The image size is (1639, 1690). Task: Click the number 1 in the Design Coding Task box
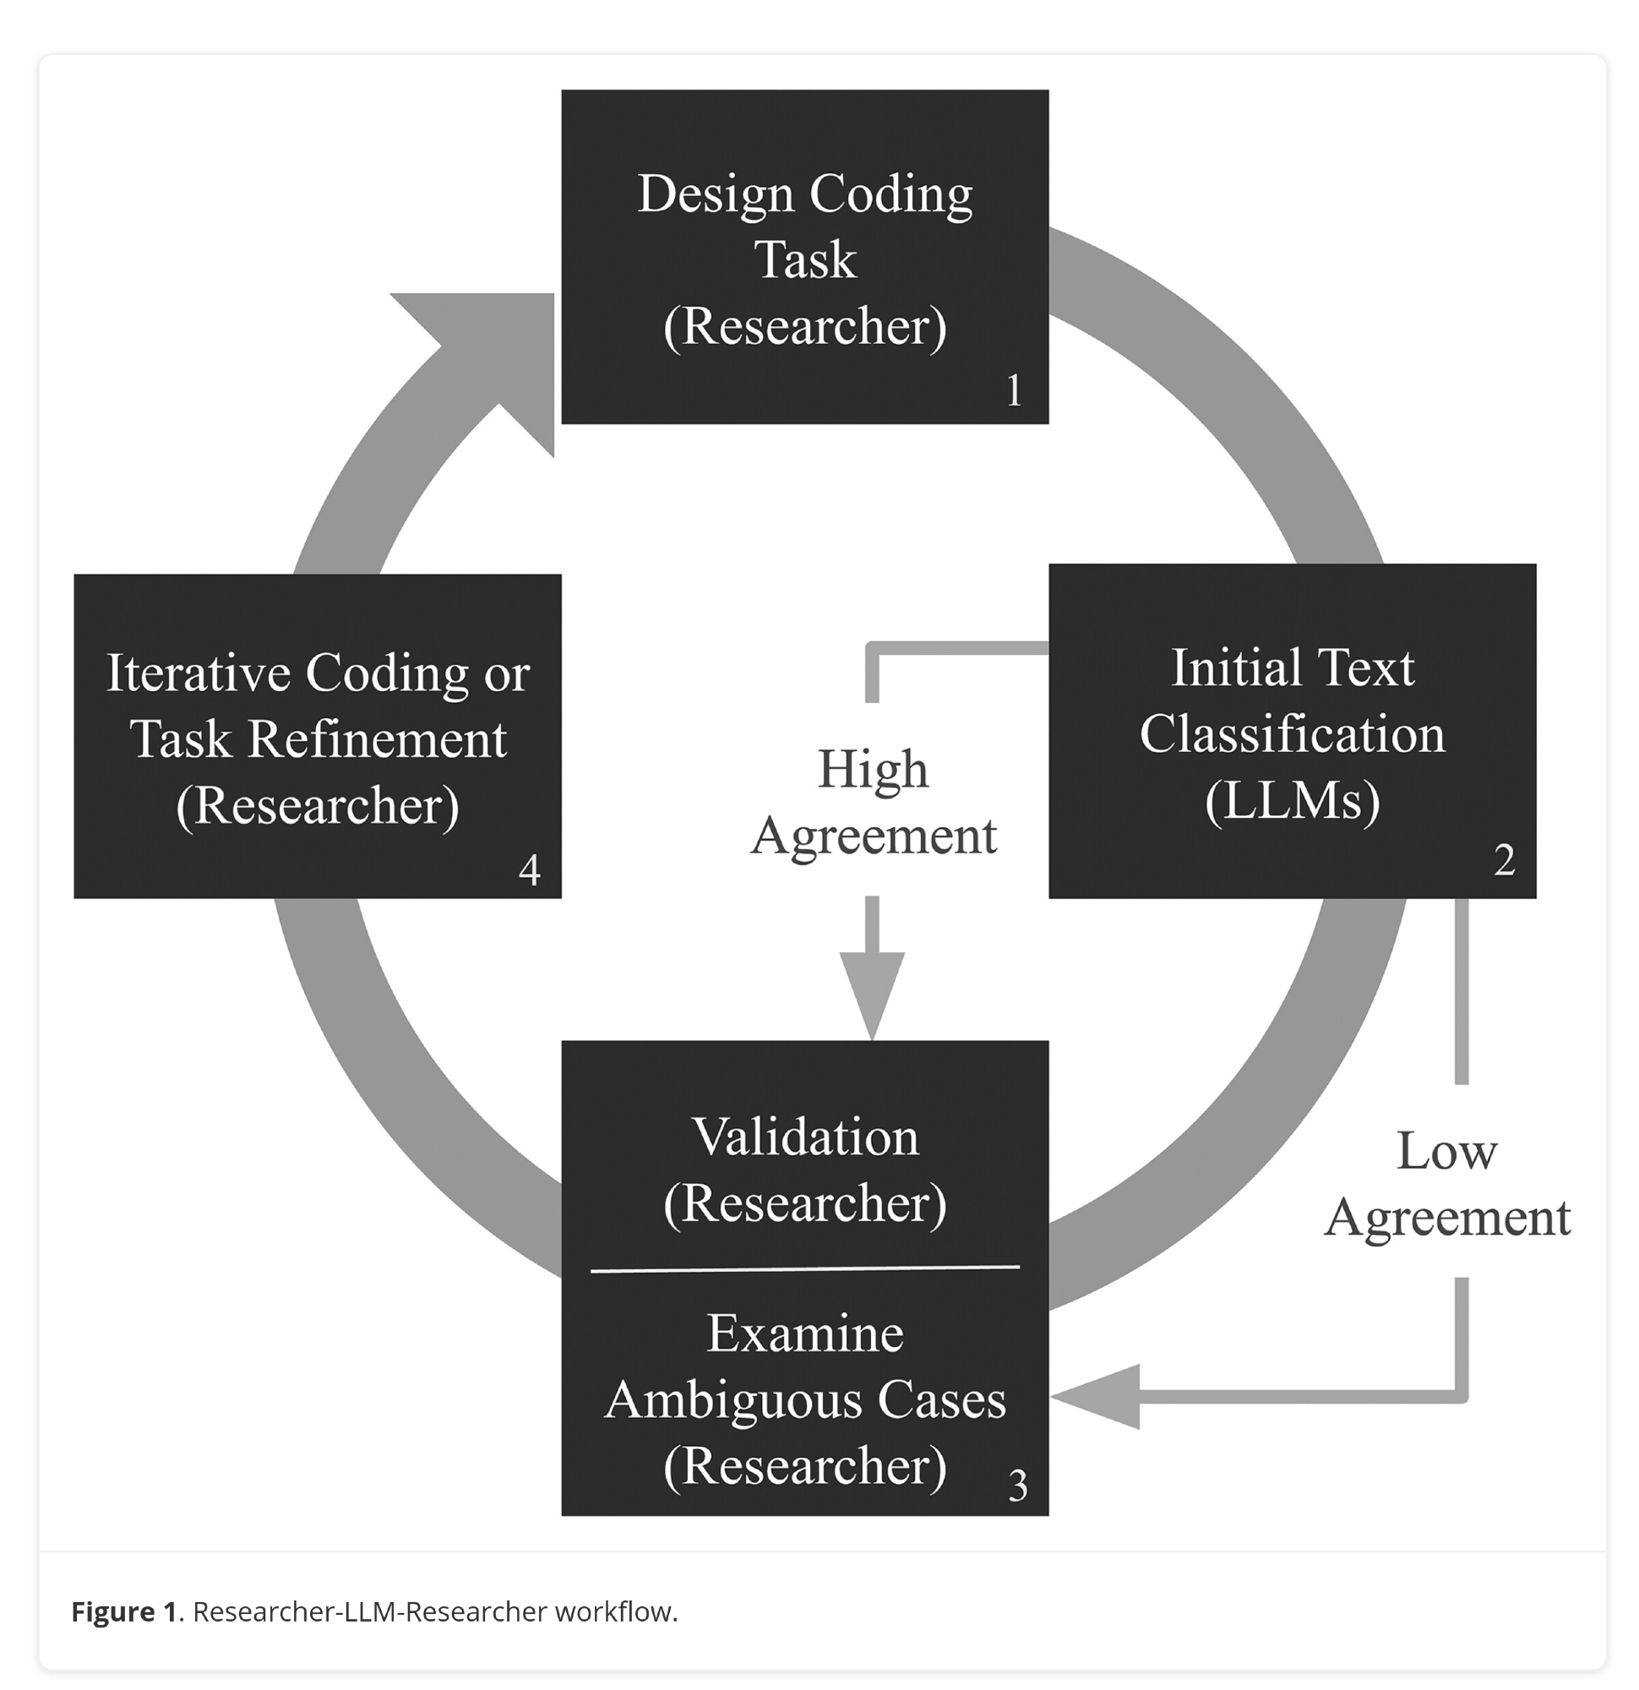coord(1014,390)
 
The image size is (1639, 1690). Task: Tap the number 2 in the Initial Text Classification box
coord(1504,859)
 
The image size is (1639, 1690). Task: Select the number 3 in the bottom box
coord(1017,1485)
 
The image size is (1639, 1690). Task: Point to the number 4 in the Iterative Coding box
coord(530,870)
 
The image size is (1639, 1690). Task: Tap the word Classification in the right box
coord(1292,733)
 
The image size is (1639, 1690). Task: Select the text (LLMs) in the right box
coord(1292,800)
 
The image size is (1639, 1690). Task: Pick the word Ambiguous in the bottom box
coord(733,1398)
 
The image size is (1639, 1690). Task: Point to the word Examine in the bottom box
coord(805,1333)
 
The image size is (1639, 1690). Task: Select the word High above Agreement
coord(873,768)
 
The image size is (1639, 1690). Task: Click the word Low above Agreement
coord(1446,1151)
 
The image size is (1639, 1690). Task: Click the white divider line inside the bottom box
coord(805,1268)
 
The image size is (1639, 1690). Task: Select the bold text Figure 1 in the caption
coord(124,1611)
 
